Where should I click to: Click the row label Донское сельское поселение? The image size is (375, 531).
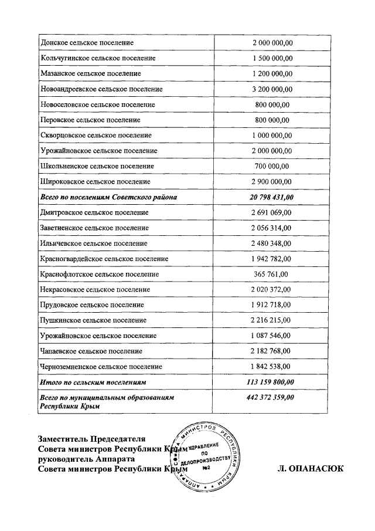87,43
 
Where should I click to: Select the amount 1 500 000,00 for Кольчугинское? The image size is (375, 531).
272,58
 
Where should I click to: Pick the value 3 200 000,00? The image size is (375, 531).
272,89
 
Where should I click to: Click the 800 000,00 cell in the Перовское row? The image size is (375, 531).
272,120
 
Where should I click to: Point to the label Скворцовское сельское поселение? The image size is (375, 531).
96,136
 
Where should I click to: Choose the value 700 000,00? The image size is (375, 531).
272,166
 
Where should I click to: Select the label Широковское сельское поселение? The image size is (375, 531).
96,182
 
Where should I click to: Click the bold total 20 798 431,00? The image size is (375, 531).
272,197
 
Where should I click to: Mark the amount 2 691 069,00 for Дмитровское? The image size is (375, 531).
272,212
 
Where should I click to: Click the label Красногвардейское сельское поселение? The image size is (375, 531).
104,259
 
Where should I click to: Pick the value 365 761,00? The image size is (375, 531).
272,274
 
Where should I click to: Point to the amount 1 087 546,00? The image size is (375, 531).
272,336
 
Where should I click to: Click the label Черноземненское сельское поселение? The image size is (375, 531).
101,367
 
